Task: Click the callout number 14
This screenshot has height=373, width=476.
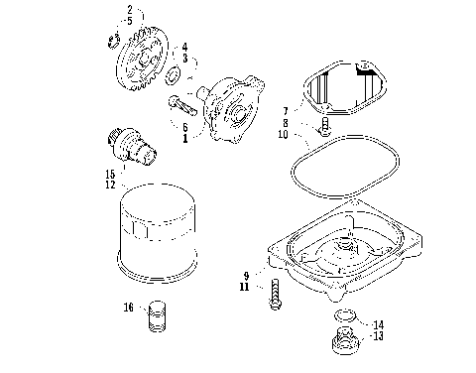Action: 378,324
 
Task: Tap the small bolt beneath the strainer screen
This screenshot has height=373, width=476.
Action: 324,127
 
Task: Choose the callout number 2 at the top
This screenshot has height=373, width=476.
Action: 128,9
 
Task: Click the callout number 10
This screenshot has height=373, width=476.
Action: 284,134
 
